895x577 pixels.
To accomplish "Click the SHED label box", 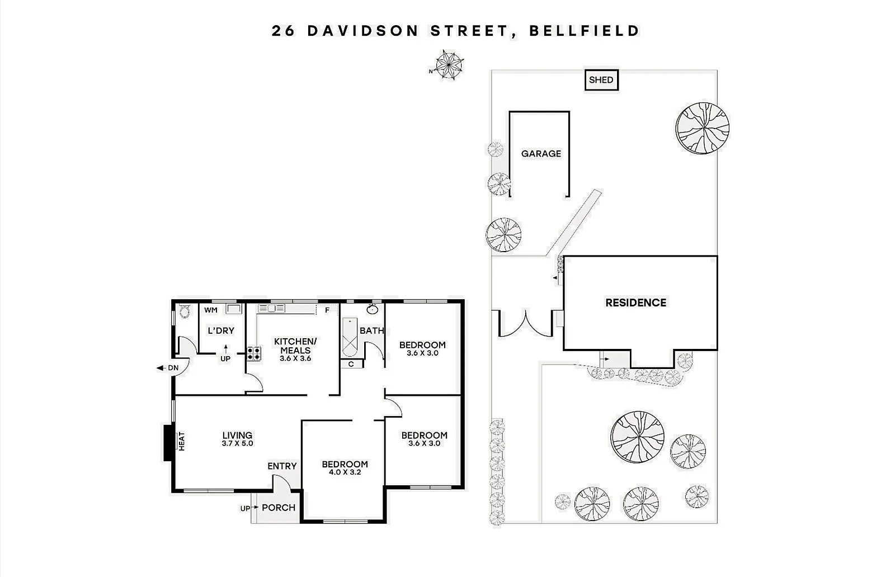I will pyautogui.click(x=601, y=80).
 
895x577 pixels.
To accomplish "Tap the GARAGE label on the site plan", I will pyautogui.click(x=541, y=154).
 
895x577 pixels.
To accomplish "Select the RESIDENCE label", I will pyautogui.click(x=635, y=302).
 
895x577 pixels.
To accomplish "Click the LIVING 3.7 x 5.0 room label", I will pyautogui.click(x=237, y=439).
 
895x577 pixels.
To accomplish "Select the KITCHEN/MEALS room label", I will pyautogui.click(x=295, y=349).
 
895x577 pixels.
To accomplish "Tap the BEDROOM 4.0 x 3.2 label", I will pyautogui.click(x=345, y=467).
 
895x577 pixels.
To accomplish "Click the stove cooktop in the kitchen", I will pyautogui.click(x=253, y=353).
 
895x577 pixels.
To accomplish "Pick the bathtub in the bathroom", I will pyautogui.click(x=350, y=337).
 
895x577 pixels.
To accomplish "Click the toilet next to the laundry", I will pyautogui.click(x=184, y=312).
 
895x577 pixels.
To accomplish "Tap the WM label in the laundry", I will pyautogui.click(x=211, y=310).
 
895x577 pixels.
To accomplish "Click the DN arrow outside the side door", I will pyautogui.click(x=167, y=368).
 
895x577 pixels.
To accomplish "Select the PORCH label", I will pyautogui.click(x=278, y=508).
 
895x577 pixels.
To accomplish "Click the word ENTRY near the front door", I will pyautogui.click(x=282, y=466).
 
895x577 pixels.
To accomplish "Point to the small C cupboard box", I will pyautogui.click(x=351, y=364).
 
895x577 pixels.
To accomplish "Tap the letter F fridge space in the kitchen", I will pyautogui.click(x=327, y=310).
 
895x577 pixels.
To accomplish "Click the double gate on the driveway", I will pyautogui.click(x=525, y=325).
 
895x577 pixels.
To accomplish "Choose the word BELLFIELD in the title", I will pyautogui.click(x=584, y=30).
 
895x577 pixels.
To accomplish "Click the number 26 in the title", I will pyautogui.click(x=283, y=30).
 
